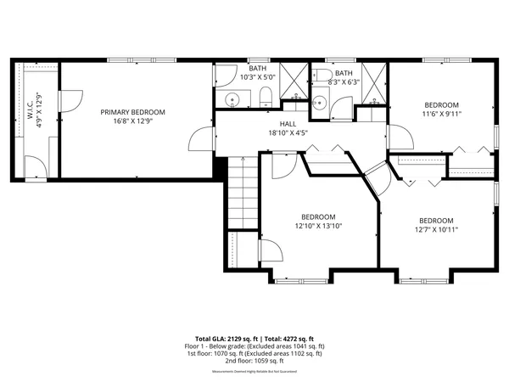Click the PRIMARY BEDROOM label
coord(132,112)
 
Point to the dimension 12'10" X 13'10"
coord(317,227)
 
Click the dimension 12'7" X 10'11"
coord(437,229)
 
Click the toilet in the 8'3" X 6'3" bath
coord(324,79)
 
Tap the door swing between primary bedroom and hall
coord(200,140)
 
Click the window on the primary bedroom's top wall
coord(143,59)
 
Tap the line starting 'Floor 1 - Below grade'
coord(255,346)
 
